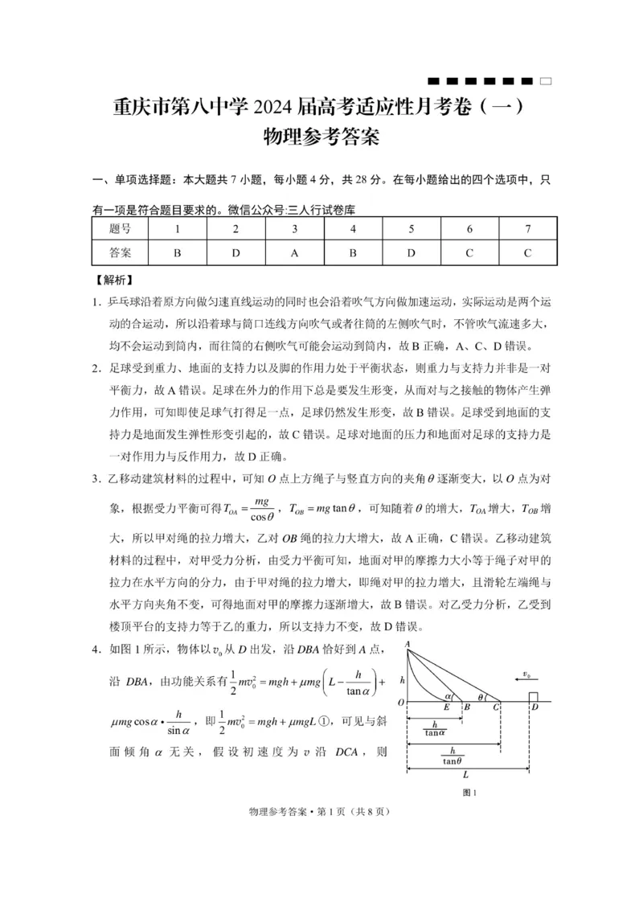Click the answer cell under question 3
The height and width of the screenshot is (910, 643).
(294, 252)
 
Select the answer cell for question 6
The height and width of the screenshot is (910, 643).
(469, 252)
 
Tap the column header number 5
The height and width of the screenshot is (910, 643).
(412, 229)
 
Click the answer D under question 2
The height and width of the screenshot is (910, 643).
(235, 252)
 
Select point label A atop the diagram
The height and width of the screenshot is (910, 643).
(408, 645)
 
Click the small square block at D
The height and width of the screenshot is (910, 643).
(532, 696)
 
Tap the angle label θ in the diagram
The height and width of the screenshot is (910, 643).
(481, 697)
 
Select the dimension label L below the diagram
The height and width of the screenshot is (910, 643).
(466, 776)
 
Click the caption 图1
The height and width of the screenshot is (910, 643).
(470, 793)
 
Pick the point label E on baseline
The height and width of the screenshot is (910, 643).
(446, 708)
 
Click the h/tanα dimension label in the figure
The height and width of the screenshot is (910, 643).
(434, 728)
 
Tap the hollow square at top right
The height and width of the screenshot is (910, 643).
(546, 81)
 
